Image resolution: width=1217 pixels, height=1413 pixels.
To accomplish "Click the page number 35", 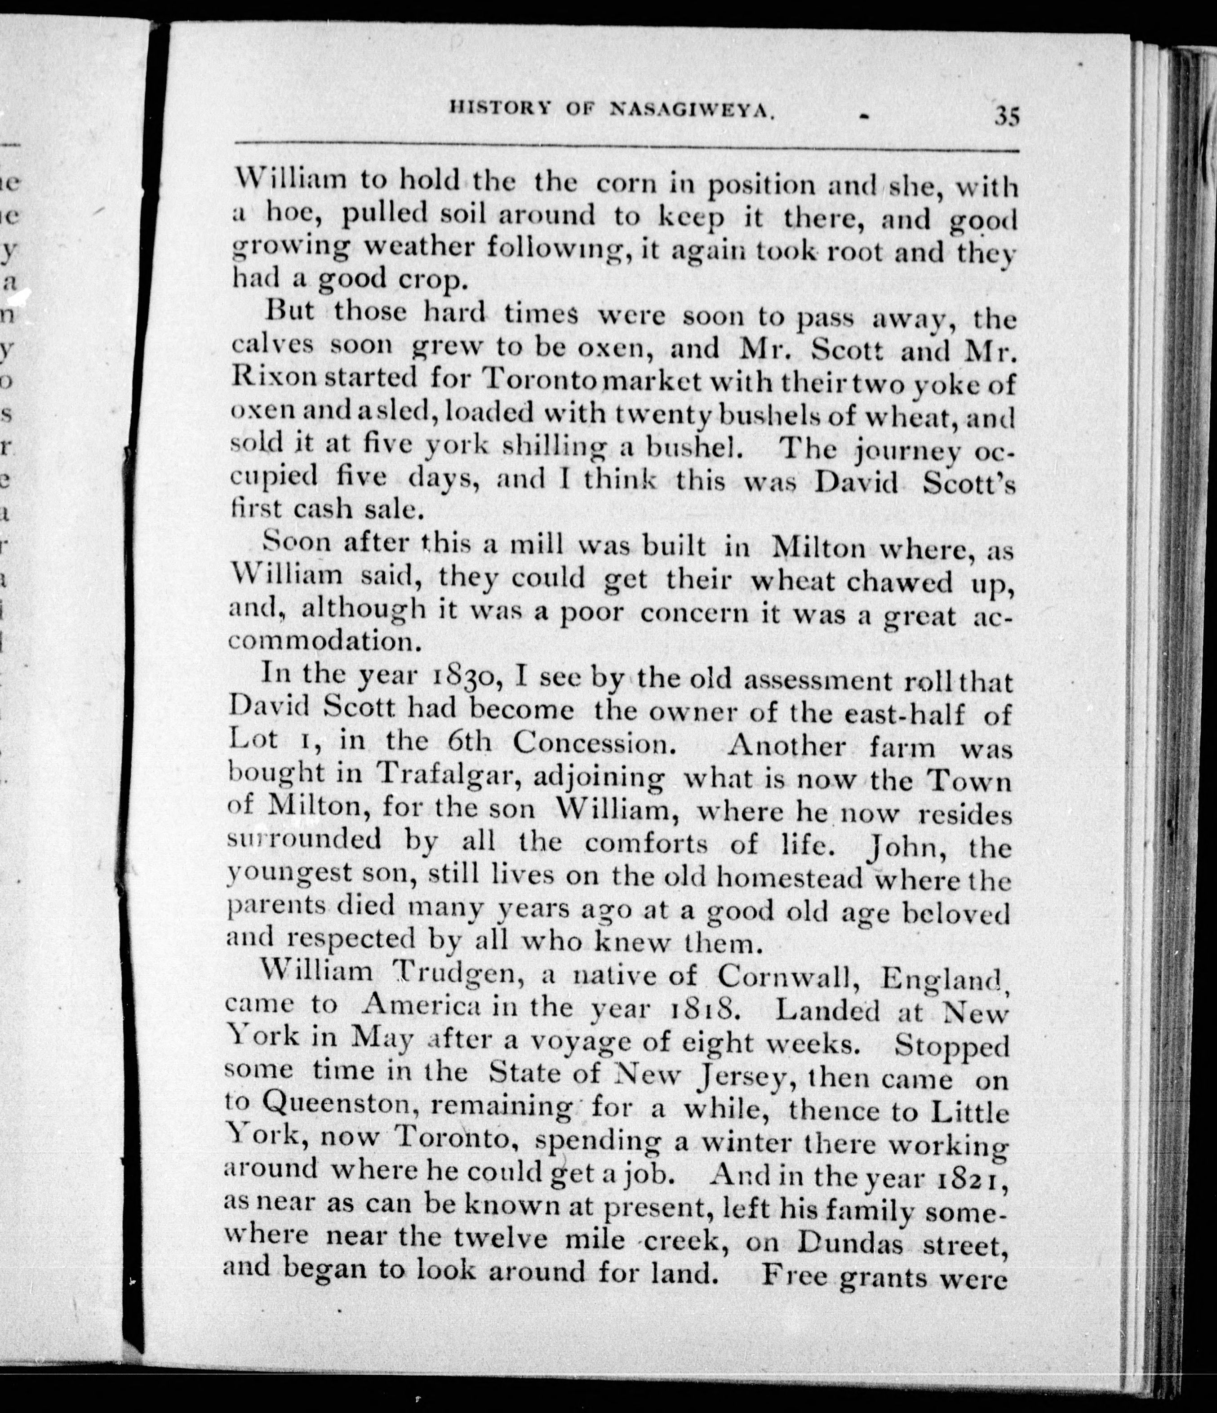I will tap(1006, 116).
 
